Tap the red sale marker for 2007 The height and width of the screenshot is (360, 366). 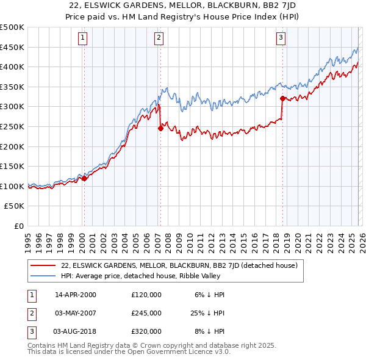(x=160, y=128)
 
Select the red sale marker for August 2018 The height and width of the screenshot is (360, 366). (x=282, y=98)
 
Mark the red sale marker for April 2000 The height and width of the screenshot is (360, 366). (x=84, y=178)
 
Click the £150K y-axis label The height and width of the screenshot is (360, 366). (x=13, y=166)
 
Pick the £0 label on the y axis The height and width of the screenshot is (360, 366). (x=20, y=226)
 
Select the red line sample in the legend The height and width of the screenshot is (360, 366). (x=43, y=265)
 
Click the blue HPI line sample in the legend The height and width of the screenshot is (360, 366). (x=43, y=276)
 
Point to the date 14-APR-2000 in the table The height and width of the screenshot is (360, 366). (x=76, y=295)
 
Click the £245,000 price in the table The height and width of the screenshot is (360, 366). (x=146, y=313)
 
